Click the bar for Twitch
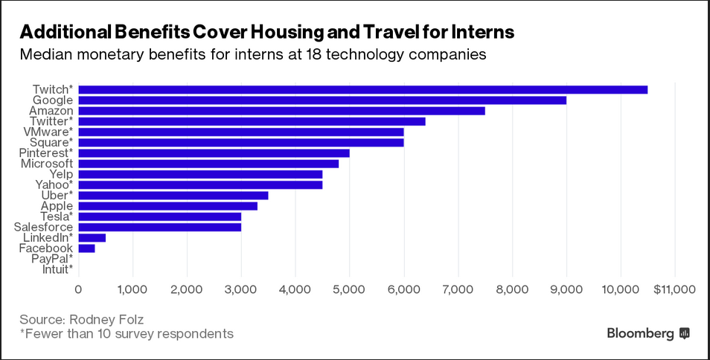click(x=362, y=89)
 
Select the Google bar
click(x=322, y=100)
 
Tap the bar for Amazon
click(x=281, y=111)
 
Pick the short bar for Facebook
click(x=86, y=248)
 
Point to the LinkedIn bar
click(x=92, y=238)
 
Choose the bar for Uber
click(x=173, y=196)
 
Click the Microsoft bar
click(x=208, y=164)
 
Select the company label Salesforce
click(x=43, y=227)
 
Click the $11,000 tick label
click(x=674, y=289)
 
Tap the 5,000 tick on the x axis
click(x=349, y=289)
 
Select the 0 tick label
click(x=78, y=289)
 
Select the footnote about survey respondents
click(x=127, y=333)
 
